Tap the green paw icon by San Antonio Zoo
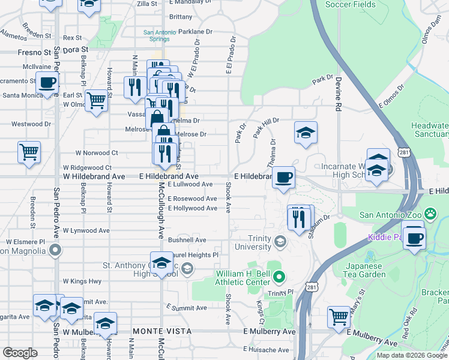[x=430, y=214]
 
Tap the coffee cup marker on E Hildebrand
[x=283, y=177]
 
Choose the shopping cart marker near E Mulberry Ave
[x=339, y=316]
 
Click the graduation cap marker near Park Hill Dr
[x=306, y=133]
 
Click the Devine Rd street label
[x=339, y=96]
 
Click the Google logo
[x=20, y=353]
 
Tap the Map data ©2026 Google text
[x=412, y=355]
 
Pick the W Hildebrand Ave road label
[x=94, y=176]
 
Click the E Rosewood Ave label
[x=192, y=199]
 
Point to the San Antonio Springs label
[x=157, y=35]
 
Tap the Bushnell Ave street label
[x=187, y=239]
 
